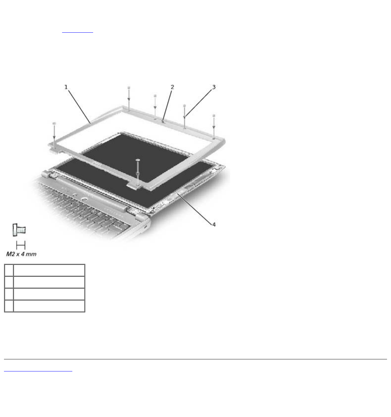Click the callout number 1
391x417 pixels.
[66, 87]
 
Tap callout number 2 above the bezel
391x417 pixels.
[172, 87]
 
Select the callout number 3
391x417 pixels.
[214, 87]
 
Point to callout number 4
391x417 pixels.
[214, 225]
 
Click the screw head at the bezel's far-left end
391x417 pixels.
[54, 123]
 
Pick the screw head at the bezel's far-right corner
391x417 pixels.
[214, 116]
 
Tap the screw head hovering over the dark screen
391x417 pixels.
[138, 160]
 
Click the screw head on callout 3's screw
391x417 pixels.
[185, 106]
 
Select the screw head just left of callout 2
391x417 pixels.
[155, 96]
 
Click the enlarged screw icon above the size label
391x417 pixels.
[19, 230]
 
